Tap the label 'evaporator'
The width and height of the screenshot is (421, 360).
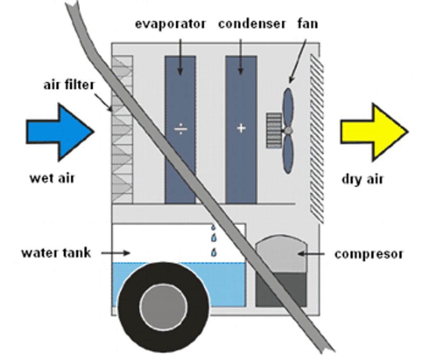click(170, 24)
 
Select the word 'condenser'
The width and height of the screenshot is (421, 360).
click(252, 24)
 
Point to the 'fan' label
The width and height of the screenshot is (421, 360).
click(308, 24)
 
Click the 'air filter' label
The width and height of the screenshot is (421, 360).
click(69, 85)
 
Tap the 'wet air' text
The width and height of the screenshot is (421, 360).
click(52, 178)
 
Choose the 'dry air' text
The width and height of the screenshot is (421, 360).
click(362, 179)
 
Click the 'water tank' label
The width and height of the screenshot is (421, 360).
click(56, 252)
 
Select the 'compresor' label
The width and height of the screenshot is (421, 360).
click(368, 254)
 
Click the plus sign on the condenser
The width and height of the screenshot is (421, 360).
click(241, 128)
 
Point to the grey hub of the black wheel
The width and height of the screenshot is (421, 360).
click(163, 305)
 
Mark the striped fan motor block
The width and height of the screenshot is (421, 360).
click(274, 131)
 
